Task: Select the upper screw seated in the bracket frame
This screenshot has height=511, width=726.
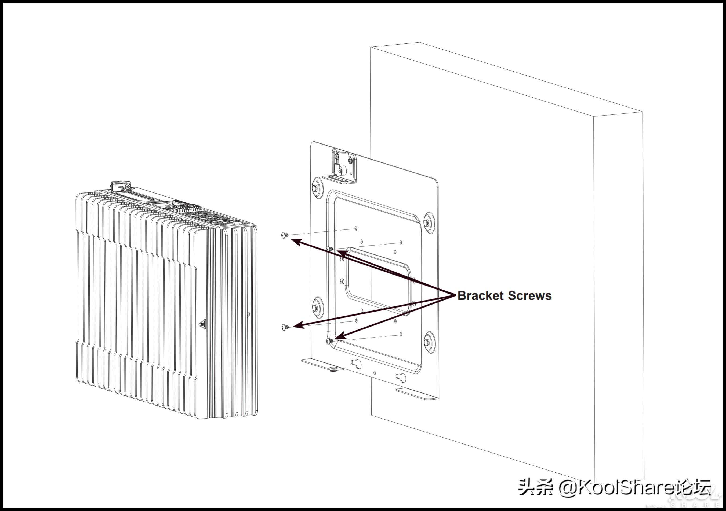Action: coord(330,249)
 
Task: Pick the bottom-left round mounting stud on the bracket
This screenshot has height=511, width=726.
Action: coord(315,307)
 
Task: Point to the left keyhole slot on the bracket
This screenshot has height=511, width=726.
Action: coord(356,364)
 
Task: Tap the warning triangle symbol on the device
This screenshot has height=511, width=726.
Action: coord(202,324)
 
